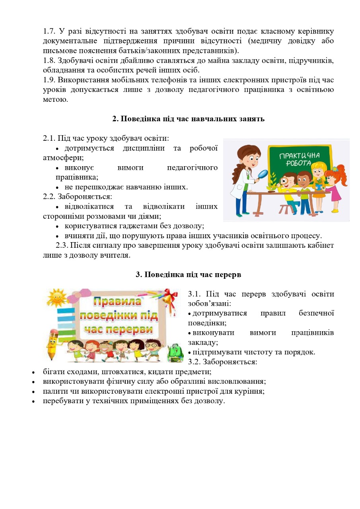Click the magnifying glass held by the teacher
tap(263, 174)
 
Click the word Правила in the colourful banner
tap(118, 301)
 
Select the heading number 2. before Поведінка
tap(116, 119)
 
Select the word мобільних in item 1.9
tap(118, 80)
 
